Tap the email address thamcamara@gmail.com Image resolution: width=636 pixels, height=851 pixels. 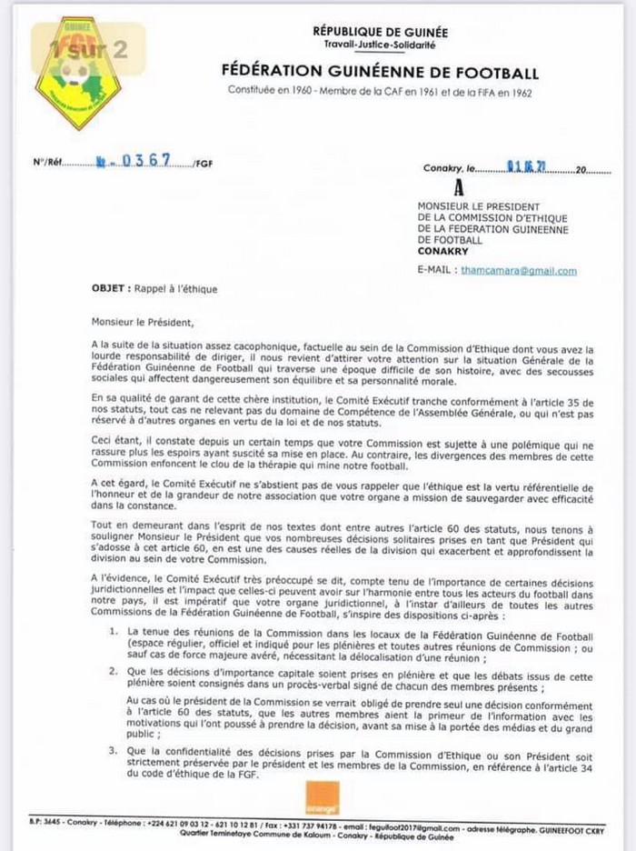pyautogui.click(x=519, y=271)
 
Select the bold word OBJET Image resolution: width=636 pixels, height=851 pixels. pyautogui.click(x=110, y=289)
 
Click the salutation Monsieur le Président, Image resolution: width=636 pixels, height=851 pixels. pyautogui.click(x=142, y=320)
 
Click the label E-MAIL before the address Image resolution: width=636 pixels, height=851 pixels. pyautogui.click(x=436, y=271)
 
